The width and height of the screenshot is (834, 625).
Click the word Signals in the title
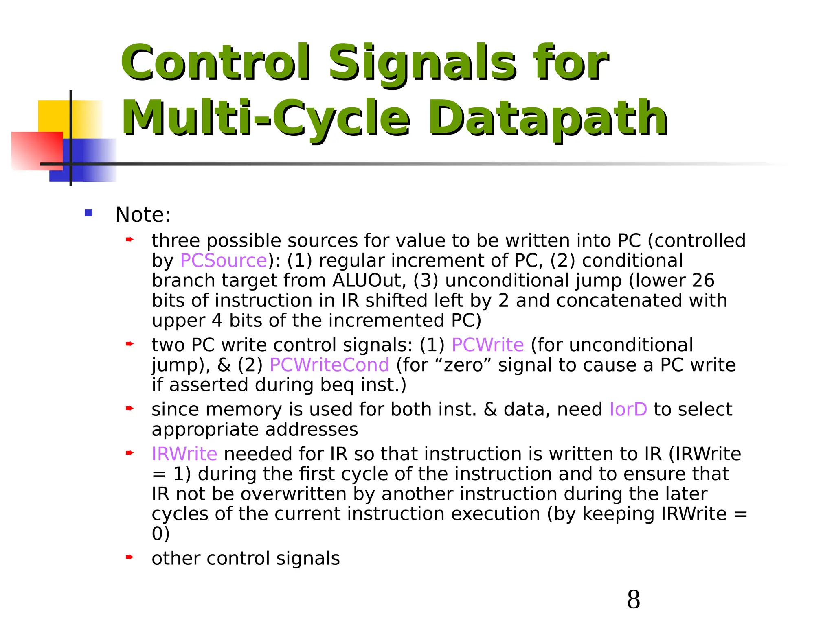point(421,63)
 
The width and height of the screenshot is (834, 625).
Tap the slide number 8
point(633,599)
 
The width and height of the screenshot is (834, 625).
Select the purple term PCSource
point(224,261)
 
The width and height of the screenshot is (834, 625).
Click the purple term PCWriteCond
point(329,365)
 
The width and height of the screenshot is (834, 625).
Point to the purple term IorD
point(628,409)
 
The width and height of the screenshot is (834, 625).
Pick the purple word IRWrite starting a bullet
point(184,454)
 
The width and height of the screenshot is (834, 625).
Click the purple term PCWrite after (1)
point(487,345)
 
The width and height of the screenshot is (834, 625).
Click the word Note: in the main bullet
point(143,215)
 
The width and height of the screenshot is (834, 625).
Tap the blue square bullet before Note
point(88,213)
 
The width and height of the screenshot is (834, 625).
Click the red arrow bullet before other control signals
point(129,557)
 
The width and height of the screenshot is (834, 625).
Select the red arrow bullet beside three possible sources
point(129,240)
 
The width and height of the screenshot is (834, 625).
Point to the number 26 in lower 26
point(703,281)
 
